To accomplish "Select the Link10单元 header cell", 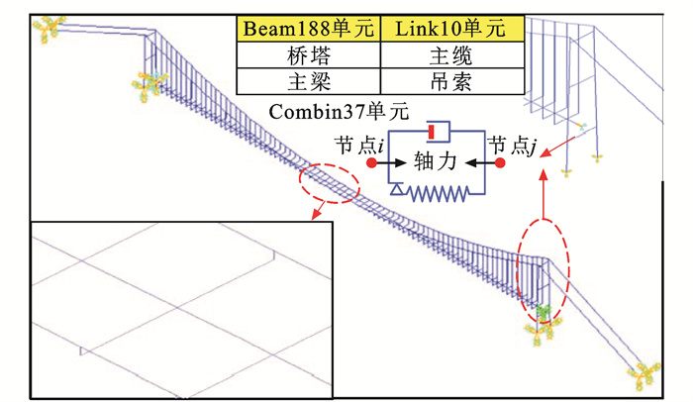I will [454, 30].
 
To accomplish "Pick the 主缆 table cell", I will [454, 56].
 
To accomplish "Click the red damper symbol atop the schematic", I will [434, 132].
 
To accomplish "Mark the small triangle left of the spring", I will [395, 188].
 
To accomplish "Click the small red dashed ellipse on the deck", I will [329, 183].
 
